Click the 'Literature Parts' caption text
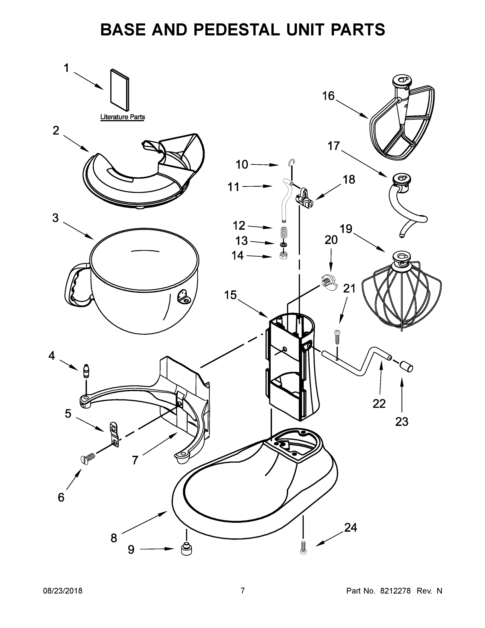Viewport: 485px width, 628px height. pyautogui.click(x=122, y=117)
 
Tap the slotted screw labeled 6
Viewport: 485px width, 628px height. pyautogui.click(x=87, y=457)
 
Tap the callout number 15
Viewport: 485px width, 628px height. pyautogui.click(x=230, y=295)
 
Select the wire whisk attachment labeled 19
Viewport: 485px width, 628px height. pyautogui.click(x=401, y=290)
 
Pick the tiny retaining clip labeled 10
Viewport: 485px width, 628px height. pyautogui.click(x=292, y=163)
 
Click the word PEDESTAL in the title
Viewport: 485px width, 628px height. pyautogui.click(x=236, y=30)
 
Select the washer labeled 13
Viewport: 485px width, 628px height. pyautogui.click(x=284, y=244)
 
